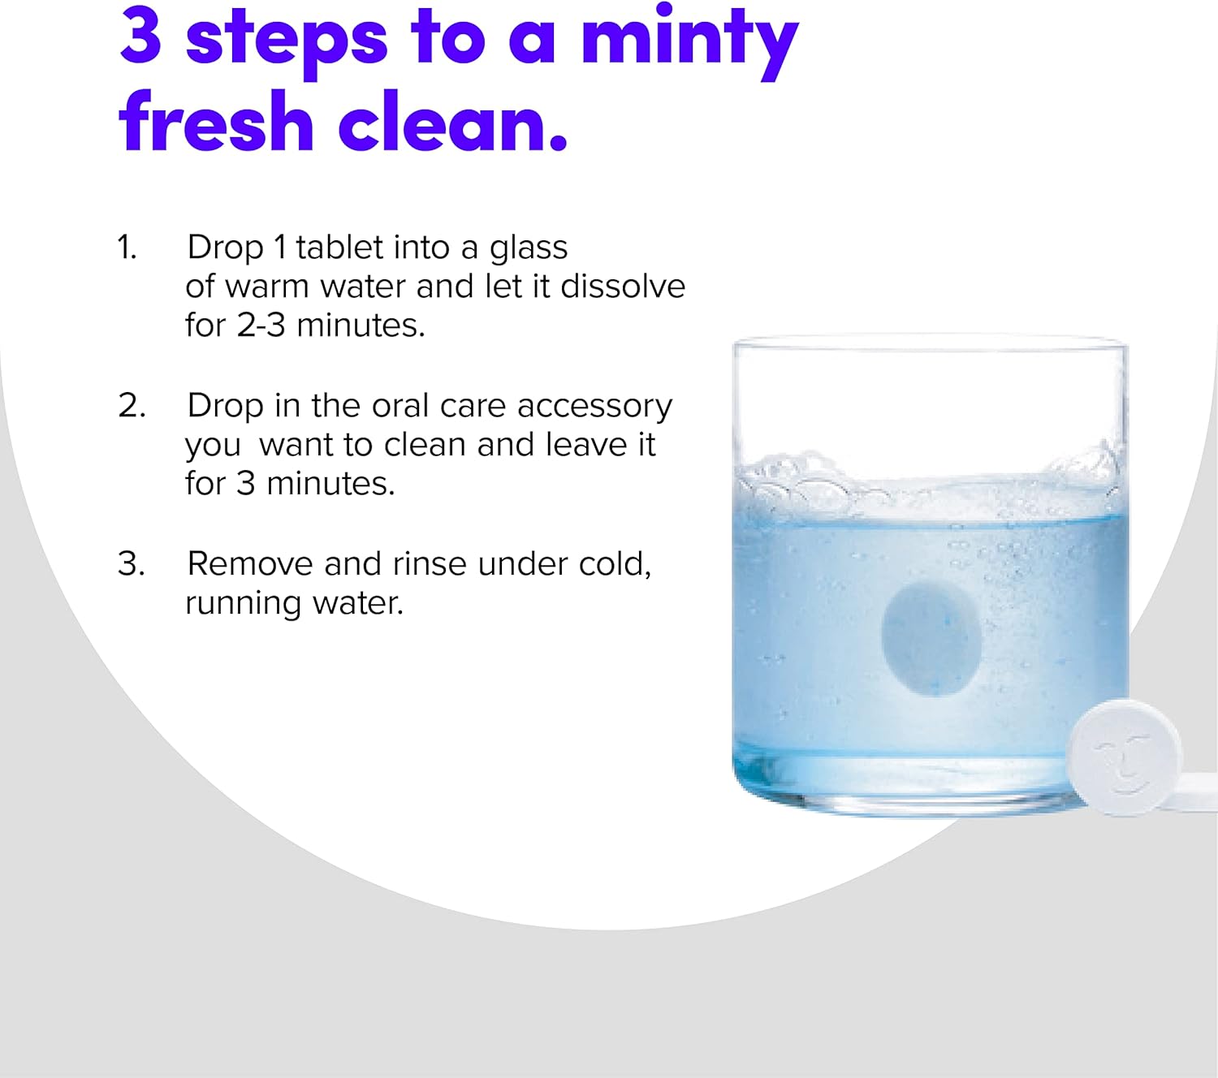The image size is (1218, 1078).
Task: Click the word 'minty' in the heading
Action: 689,40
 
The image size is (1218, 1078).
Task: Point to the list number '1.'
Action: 127,247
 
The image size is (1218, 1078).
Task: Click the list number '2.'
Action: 132,406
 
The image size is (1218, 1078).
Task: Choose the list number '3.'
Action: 131,563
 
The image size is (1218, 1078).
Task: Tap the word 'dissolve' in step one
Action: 623,286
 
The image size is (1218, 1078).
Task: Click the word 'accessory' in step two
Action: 594,407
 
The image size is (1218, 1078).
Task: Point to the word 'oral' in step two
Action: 400,406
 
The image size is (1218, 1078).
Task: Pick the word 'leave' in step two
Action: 586,445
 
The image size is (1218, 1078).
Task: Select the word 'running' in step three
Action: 244,605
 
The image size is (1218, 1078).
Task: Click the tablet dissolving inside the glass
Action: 931,637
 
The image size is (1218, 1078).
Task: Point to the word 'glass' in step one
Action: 529,248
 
